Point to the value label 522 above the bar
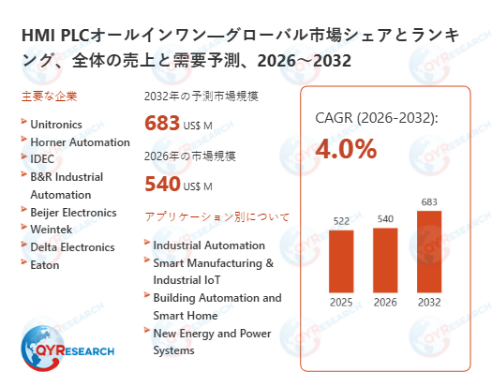click(341, 220)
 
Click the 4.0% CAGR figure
click(346, 149)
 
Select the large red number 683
click(162, 123)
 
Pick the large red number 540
click(162, 183)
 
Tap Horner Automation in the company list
click(80, 142)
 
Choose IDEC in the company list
click(43, 159)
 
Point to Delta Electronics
click(72, 247)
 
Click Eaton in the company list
click(44, 265)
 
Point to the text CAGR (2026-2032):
click(376, 118)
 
